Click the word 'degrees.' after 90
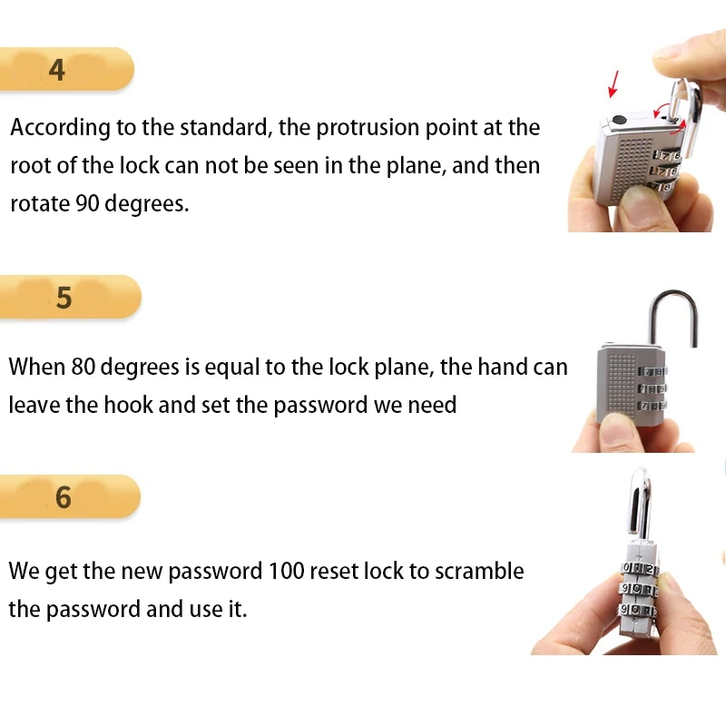[x=147, y=204]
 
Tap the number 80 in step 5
[x=83, y=368]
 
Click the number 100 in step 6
[x=286, y=572]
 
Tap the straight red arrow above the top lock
[x=614, y=83]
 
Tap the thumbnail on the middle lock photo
[x=618, y=429]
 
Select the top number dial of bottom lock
[x=640, y=569]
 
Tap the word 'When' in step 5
[x=37, y=368]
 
